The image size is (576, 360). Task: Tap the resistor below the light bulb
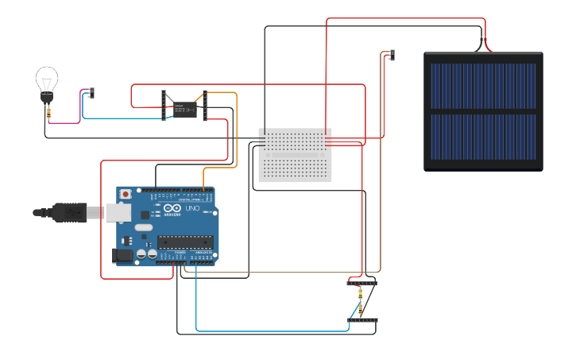(x=50, y=114)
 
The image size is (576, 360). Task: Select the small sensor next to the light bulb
(x=91, y=93)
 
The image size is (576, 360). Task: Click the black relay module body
(x=185, y=109)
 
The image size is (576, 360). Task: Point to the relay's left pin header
(x=164, y=106)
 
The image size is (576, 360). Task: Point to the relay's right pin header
(x=205, y=106)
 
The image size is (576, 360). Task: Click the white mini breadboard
(x=296, y=154)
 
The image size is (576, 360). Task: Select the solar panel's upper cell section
(x=483, y=86)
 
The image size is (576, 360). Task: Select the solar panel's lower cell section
(x=483, y=136)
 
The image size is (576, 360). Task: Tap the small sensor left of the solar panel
(x=392, y=55)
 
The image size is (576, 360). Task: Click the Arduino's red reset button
(x=126, y=194)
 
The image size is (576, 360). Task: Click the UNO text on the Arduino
(x=192, y=208)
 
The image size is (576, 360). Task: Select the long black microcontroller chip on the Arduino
(x=185, y=242)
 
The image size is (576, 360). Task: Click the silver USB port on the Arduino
(x=118, y=211)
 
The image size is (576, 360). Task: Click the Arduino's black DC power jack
(x=122, y=254)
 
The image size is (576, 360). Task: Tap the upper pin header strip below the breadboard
(x=361, y=283)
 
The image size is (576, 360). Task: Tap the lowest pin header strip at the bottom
(x=362, y=320)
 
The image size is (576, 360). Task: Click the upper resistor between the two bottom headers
(x=360, y=294)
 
